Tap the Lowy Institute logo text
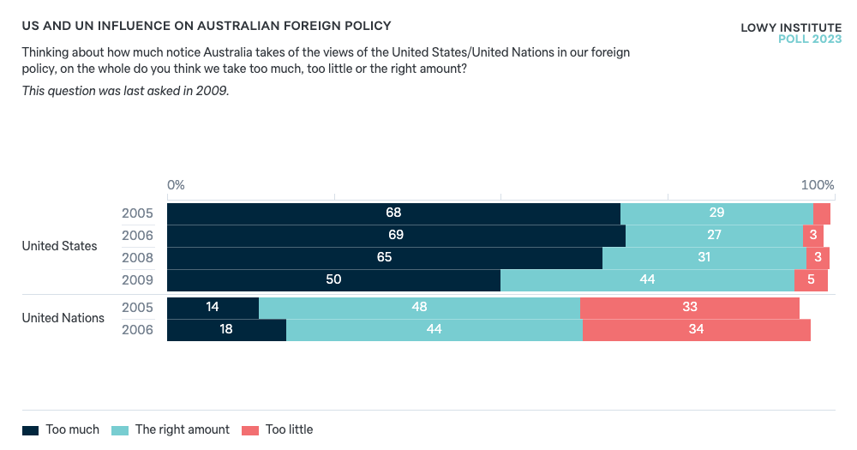pyautogui.click(x=790, y=28)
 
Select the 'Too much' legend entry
pyautogui.click(x=61, y=429)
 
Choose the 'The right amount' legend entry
pyautogui.click(x=171, y=429)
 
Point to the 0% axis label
pyautogui.click(x=176, y=185)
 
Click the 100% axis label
pyautogui.click(x=817, y=185)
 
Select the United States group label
pyautogui.click(x=60, y=246)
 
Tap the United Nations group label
pyautogui.click(x=63, y=318)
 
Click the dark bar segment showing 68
pyautogui.click(x=393, y=213)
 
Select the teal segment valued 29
pyautogui.click(x=716, y=213)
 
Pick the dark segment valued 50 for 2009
pyautogui.click(x=333, y=280)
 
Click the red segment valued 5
pyautogui.click(x=811, y=280)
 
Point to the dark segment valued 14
pyautogui.click(x=213, y=308)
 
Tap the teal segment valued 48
pyautogui.click(x=419, y=308)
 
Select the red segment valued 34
pyautogui.click(x=696, y=330)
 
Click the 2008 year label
pyautogui.click(x=137, y=258)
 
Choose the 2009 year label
pyautogui.click(x=137, y=280)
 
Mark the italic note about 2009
pyautogui.click(x=125, y=91)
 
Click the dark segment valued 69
pyautogui.click(x=396, y=236)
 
